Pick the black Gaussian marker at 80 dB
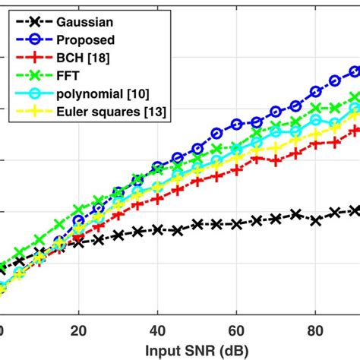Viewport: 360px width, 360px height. tap(316, 220)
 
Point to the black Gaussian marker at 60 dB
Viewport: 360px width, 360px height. tap(237, 224)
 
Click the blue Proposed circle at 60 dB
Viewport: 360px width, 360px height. tap(237, 122)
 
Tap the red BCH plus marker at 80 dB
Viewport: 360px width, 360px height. tap(316, 144)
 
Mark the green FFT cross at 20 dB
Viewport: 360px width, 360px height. tap(78, 208)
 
